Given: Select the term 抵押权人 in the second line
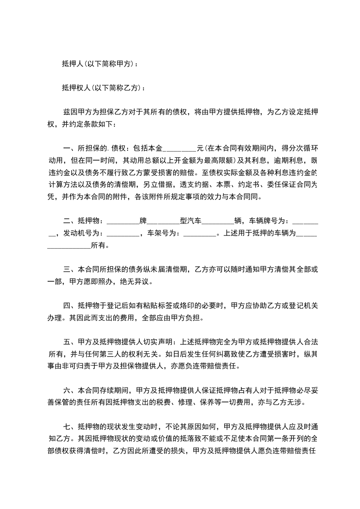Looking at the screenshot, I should pos(75,88).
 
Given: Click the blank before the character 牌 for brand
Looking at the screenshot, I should pos(123,221).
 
